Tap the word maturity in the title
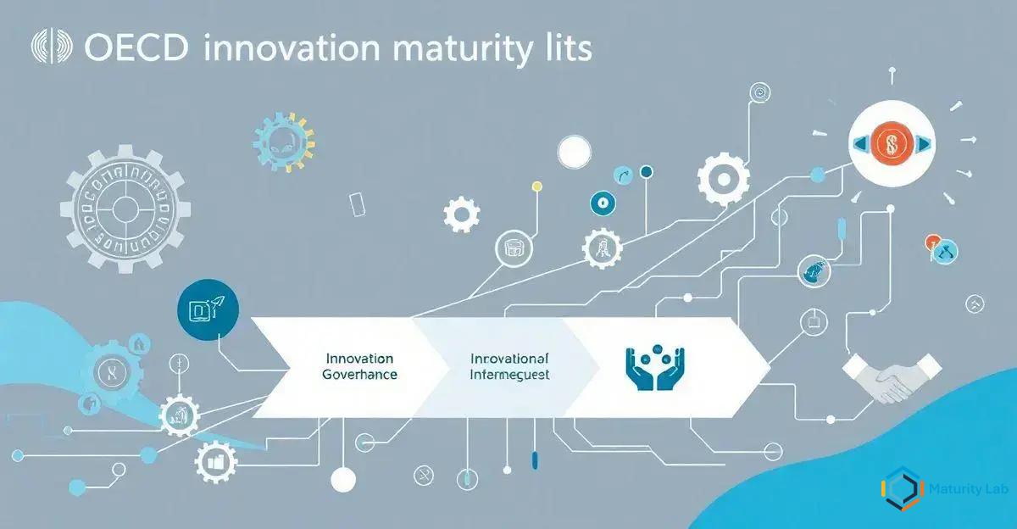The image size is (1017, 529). pos(452,49)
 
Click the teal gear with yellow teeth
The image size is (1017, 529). pos(284,140)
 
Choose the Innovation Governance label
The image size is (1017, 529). pos(359,366)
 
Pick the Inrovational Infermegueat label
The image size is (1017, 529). pos(509,366)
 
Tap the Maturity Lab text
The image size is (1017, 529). pos(966,488)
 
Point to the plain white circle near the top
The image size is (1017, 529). pos(574,152)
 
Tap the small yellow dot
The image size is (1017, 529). pos(536,185)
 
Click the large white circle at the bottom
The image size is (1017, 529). pos(342,480)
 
